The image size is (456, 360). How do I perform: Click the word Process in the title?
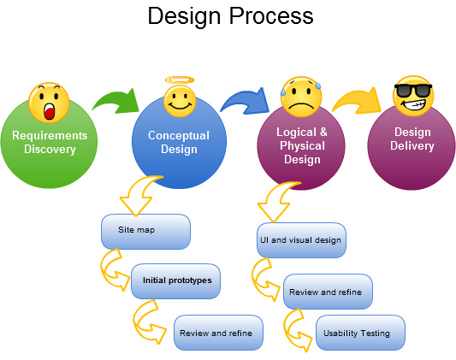coord(271,15)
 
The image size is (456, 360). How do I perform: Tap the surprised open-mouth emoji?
coord(49,103)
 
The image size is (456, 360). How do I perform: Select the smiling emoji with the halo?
coord(180,101)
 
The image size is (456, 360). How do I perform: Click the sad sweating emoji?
coord(301,97)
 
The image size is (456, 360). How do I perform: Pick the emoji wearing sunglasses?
coord(413,96)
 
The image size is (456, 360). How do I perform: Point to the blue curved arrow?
coord(245,101)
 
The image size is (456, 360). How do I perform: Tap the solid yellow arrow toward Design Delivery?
coord(357,101)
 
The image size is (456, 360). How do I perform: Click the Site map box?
coord(145,232)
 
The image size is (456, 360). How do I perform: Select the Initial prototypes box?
coord(175,281)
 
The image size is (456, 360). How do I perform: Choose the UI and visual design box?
coord(301,240)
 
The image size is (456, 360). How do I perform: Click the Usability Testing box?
coord(360,333)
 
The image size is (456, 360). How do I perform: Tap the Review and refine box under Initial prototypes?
coord(218,333)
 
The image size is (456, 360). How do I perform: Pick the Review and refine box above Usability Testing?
coord(328,292)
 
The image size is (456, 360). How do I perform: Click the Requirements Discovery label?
coord(50,142)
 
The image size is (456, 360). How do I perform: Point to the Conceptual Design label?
coord(179,142)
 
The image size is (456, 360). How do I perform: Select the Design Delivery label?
coord(412,139)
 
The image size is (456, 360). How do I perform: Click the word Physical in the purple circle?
coord(302,145)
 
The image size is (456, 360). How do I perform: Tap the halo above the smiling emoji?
coord(180,80)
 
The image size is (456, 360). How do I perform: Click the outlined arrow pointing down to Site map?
coord(140,194)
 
